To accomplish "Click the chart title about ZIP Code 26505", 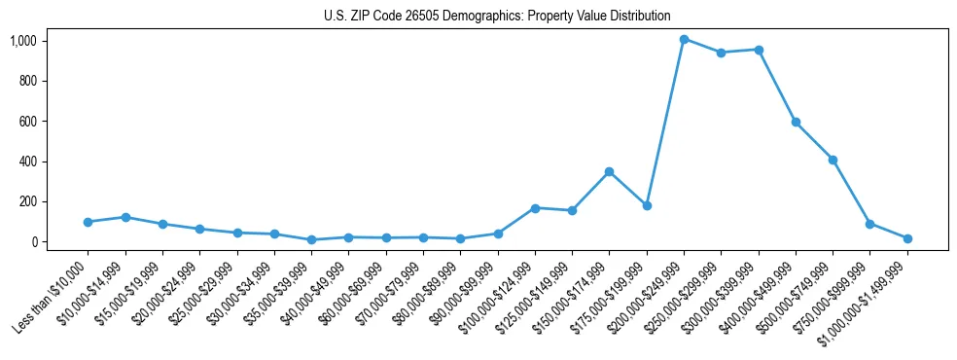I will (497, 16).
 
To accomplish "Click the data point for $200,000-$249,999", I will (684, 39).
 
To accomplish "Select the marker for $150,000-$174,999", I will (609, 171).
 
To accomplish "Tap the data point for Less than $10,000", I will (88, 222).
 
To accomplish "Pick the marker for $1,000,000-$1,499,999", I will (907, 238).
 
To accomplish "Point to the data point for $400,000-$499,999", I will (796, 122).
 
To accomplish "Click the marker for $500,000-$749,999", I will (833, 160).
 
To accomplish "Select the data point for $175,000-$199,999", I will (647, 205).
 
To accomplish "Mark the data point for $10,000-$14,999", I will (125, 217).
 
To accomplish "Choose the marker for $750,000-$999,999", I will (869, 224).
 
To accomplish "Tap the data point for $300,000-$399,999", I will (759, 50).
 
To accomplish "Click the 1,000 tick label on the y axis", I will (23, 41).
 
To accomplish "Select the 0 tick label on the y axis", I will (33, 242).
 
